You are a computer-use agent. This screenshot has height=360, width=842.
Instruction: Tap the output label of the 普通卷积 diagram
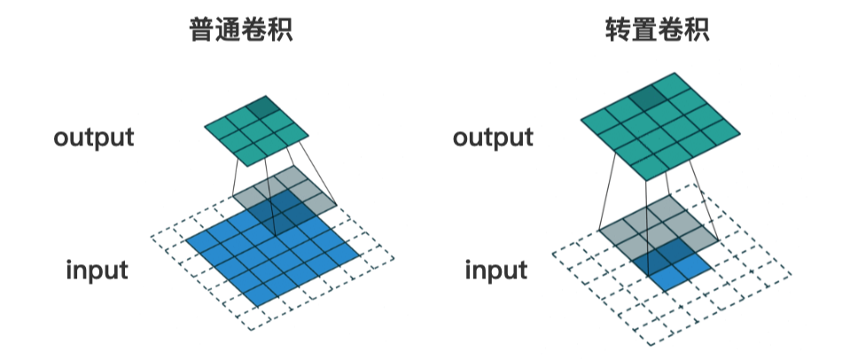coord(94,138)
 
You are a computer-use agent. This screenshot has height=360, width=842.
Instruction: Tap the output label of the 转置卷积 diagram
coord(494,138)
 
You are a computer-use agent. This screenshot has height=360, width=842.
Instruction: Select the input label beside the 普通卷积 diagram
coord(97,270)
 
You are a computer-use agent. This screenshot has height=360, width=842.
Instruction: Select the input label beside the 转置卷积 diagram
coord(495,270)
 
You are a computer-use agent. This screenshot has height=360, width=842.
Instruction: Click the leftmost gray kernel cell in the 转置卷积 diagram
coord(619,231)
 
